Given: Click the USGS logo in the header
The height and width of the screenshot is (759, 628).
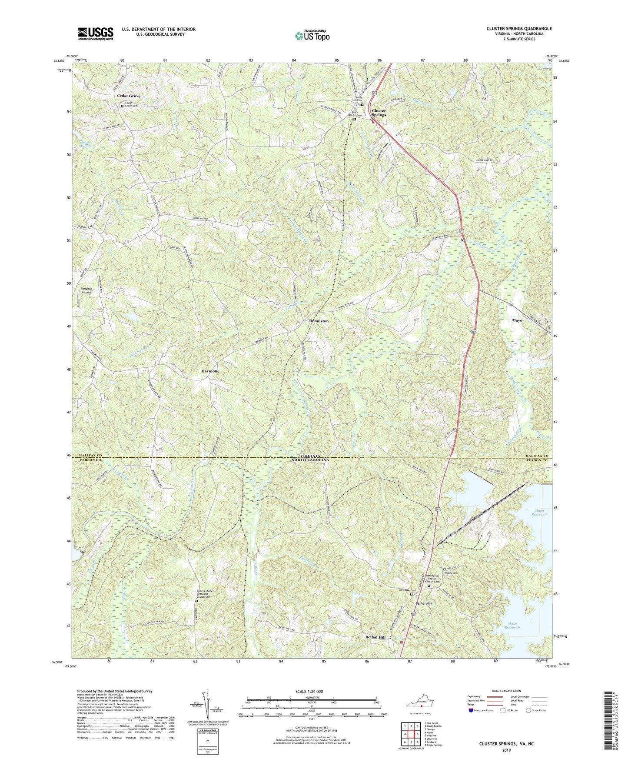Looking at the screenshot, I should coord(96,33).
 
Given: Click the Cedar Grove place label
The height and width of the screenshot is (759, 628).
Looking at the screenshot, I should coord(131,96).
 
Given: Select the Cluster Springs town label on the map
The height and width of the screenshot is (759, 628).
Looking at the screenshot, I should coord(379,113).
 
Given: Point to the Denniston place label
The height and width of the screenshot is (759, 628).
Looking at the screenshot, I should coord(319,321).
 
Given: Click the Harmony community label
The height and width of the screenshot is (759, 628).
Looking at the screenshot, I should coord(210,371).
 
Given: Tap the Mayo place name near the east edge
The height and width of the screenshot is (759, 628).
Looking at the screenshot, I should coord(517,320).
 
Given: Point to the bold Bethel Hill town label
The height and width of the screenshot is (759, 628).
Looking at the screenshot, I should coord(375,637).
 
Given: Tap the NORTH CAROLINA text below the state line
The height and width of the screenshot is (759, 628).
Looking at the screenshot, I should coord(309,459).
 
